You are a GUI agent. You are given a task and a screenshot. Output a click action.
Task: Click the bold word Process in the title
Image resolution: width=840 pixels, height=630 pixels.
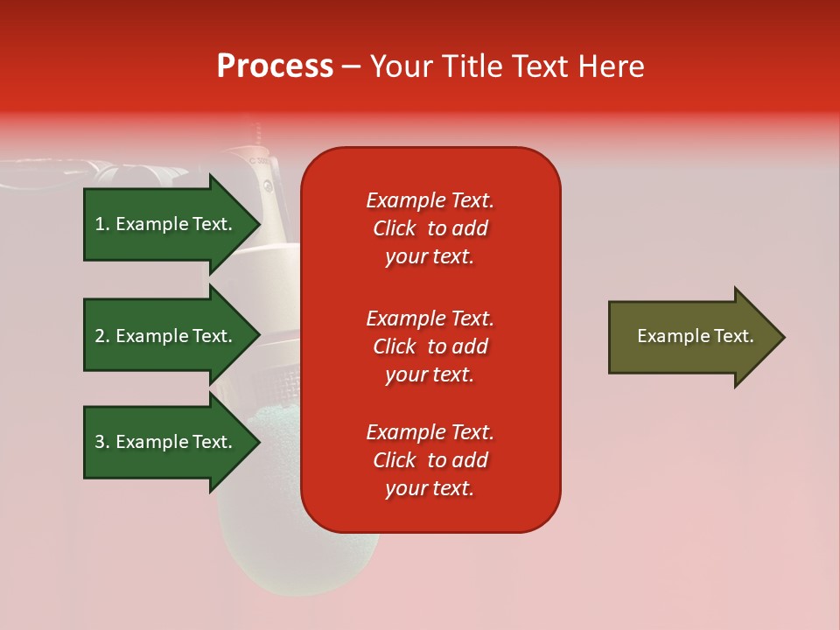coord(275,66)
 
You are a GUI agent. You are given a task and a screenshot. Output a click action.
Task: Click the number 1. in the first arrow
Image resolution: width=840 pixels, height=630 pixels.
coord(102,224)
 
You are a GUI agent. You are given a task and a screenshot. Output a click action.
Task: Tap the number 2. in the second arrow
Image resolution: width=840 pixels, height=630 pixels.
coord(102,336)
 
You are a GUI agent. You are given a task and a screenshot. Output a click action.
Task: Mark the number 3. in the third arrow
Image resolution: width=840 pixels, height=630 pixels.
coord(102,442)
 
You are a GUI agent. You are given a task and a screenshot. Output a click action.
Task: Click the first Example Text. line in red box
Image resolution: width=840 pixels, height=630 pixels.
coord(430,200)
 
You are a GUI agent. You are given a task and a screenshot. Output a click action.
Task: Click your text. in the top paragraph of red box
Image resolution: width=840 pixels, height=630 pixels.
coord(430,256)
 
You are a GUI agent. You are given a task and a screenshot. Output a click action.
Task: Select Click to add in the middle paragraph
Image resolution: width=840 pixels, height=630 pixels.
coord(430,346)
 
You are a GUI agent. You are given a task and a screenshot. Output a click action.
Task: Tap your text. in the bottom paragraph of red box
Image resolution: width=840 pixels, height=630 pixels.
coord(430,488)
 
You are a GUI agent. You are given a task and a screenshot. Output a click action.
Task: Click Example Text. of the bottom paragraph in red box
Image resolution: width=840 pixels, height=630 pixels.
coord(430,432)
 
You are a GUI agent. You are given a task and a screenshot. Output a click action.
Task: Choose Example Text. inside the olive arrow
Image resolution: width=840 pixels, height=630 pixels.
coord(695,336)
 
